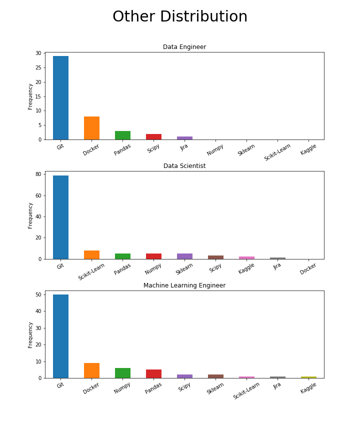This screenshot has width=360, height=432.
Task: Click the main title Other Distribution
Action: (180, 17)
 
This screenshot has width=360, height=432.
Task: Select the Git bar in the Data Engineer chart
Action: (60, 98)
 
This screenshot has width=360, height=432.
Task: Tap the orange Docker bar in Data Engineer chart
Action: (91, 128)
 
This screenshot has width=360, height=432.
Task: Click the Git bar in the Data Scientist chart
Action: (60, 217)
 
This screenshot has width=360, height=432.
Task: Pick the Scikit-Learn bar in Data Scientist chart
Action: (91, 254)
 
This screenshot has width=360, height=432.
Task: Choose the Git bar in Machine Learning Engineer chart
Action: (60, 336)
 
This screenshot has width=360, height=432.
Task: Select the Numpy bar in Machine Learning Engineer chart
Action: (122, 373)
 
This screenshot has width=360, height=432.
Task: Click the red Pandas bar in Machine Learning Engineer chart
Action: (153, 373)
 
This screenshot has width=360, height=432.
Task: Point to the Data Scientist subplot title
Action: (184, 166)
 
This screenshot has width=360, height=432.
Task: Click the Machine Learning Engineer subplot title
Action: (184, 285)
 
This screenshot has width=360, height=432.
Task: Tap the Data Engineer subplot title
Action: (184, 47)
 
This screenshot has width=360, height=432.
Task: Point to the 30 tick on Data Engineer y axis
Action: (38, 53)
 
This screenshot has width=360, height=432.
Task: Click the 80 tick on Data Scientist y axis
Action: (38, 174)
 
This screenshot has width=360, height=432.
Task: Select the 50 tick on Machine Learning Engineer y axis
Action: (38, 294)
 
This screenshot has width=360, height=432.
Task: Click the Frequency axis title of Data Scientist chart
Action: (30, 215)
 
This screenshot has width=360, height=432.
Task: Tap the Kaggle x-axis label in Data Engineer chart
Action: (309, 149)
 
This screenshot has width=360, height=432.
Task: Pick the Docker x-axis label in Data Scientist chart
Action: (308, 268)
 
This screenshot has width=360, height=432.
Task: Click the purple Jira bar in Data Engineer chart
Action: (184, 138)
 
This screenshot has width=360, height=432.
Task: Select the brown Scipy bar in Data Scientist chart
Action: (215, 257)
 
